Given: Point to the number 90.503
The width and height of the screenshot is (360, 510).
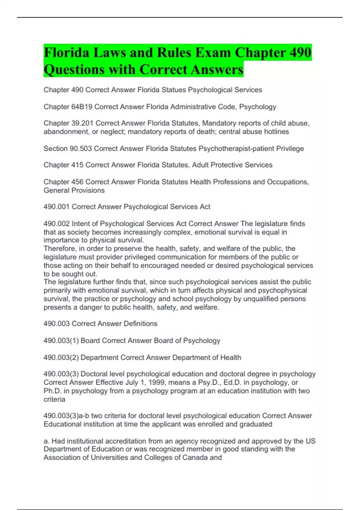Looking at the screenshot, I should click(x=81, y=148).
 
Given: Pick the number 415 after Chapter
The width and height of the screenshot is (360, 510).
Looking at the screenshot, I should click(x=77, y=165).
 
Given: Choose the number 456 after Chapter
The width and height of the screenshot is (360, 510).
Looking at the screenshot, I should click(x=77, y=182).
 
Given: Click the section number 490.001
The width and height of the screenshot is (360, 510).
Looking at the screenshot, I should click(x=57, y=207).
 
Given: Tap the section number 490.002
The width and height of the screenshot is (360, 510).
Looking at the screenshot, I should click(x=57, y=223).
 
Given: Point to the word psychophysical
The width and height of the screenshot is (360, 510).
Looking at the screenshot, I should click(x=283, y=290).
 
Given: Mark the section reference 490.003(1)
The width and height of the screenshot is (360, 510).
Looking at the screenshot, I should click(x=61, y=340).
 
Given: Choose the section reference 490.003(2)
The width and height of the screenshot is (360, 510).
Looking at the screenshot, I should click(x=61, y=357).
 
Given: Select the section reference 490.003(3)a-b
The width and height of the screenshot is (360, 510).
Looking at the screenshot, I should click(x=66, y=416).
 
